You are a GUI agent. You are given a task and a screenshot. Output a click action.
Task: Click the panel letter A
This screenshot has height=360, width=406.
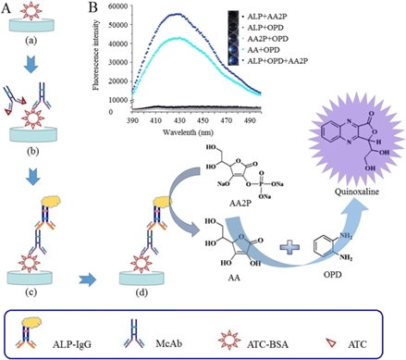point(7,8)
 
